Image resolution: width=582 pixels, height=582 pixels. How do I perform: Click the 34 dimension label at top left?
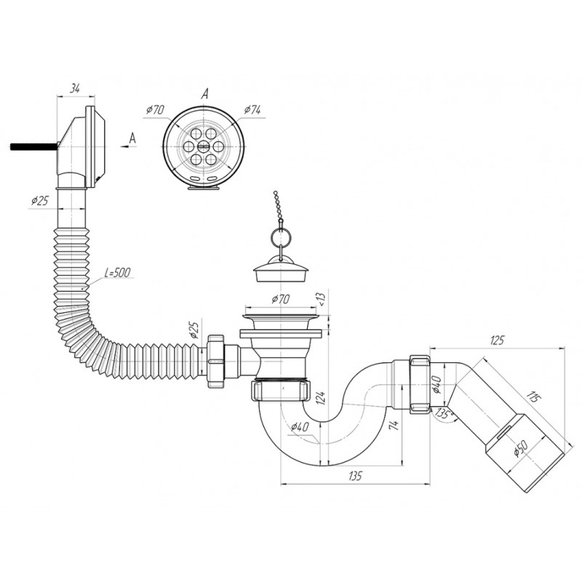pos(76,89)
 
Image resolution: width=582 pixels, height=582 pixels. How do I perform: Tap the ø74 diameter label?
pos(252,110)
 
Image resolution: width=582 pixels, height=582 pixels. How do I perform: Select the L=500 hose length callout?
pos(117,273)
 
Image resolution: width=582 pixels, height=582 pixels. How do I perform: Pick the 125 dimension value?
pos(497,340)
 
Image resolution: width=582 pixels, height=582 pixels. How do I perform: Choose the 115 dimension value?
pos(534,396)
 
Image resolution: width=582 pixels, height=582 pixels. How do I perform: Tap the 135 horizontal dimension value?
pos(355,476)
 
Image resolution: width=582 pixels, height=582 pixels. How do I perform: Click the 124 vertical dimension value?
pos(321,397)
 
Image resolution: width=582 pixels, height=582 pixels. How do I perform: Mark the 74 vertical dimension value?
pos(394,425)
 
